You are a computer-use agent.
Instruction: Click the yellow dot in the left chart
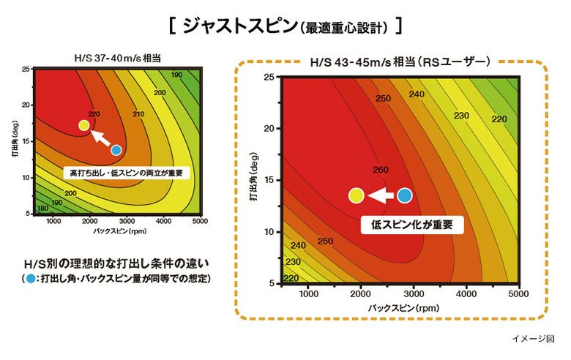click(x=84, y=125)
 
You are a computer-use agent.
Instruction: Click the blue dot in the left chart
click(x=116, y=150)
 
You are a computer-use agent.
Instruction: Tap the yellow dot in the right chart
click(x=357, y=195)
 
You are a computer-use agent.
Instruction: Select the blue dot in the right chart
click(x=405, y=195)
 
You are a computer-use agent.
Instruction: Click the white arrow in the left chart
click(x=100, y=138)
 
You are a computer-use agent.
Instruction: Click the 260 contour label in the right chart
click(x=381, y=170)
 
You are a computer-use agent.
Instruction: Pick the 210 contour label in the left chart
click(x=138, y=114)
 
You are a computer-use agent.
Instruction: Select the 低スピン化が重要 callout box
click(x=412, y=225)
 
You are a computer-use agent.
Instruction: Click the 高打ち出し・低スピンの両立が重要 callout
click(x=126, y=173)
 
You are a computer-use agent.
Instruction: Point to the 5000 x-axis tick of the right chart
click(x=518, y=294)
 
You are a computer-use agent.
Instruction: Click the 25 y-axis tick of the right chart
click(x=269, y=77)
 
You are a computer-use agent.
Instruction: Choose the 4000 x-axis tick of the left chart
click(x=163, y=221)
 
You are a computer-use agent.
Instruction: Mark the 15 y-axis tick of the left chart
click(x=26, y=141)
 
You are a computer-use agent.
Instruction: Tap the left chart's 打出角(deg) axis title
click(x=14, y=144)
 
